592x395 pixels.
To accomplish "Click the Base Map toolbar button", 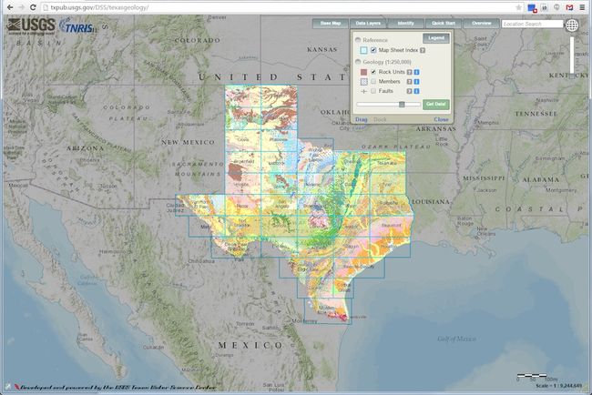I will point(330,23).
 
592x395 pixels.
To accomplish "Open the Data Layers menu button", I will point(368,23).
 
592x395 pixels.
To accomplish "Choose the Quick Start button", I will point(444,23).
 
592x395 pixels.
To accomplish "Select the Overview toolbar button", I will point(482,23).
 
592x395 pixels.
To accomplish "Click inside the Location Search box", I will point(531,24).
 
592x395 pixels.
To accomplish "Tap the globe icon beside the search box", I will point(573,25).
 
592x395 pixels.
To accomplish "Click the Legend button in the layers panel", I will point(436,38).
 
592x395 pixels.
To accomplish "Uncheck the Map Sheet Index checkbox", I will point(373,50).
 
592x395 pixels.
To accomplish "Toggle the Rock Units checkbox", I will point(373,71).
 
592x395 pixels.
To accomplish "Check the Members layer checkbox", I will point(373,81).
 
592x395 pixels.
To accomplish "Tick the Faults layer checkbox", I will point(373,91).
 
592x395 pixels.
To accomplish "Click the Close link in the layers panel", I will point(442,119).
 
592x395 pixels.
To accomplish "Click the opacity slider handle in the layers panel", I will point(402,105).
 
